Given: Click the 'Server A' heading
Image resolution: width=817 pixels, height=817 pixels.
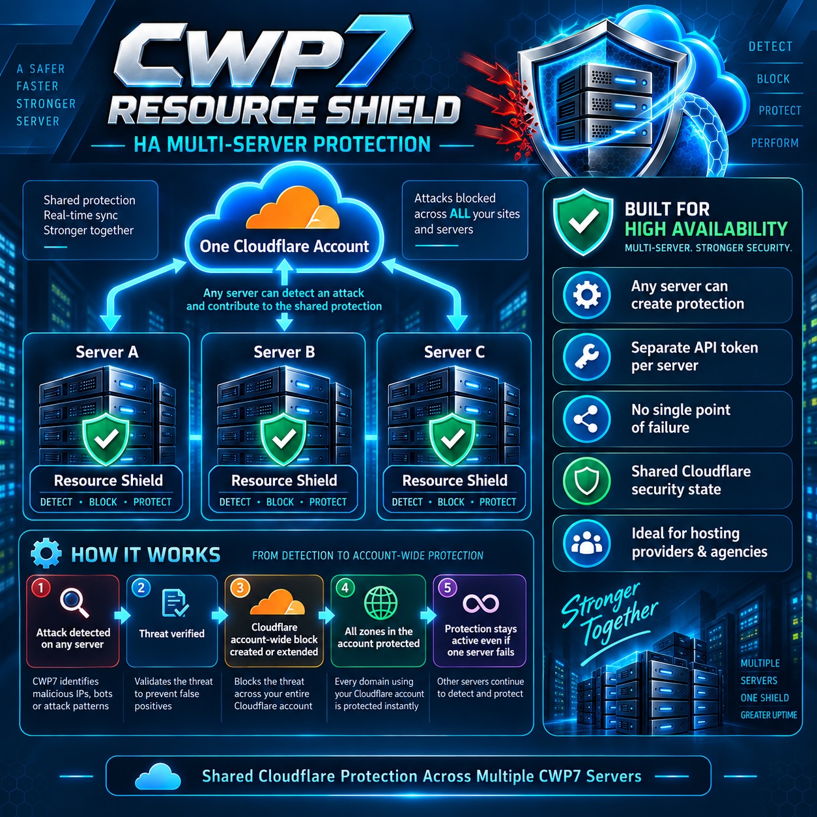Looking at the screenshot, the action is [107, 352].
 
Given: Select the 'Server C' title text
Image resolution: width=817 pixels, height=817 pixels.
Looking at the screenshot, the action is [454, 352].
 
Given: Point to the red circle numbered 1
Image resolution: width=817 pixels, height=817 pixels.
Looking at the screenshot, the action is [41, 588].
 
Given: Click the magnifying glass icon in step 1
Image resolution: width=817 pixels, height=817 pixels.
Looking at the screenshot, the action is [75, 603].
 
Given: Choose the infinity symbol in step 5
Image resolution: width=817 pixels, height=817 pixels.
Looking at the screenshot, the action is [480, 603].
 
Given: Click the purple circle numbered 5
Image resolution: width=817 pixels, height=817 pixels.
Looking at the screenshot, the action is [448, 588].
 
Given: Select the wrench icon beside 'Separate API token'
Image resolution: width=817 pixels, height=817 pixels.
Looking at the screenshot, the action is [586, 356].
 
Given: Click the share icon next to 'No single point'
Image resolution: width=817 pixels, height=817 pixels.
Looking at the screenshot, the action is [586, 418].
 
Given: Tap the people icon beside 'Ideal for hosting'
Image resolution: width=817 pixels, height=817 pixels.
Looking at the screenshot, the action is [586, 542].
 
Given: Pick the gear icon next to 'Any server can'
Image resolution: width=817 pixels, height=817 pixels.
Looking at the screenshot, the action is [586, 294].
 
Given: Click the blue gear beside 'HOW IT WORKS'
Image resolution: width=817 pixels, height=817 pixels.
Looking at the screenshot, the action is [46, 553].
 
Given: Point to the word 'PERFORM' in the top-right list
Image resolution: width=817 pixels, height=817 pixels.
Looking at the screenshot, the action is [775, 143].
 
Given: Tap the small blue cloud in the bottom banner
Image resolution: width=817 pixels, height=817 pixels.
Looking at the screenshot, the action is [158, 776].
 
